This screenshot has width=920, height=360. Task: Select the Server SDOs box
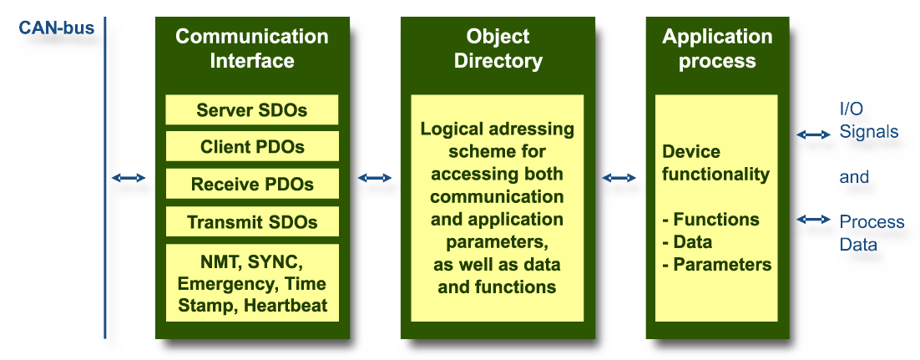tap(252, 110)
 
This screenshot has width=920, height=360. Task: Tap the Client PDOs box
tap(252, 147)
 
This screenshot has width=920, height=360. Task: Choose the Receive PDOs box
tap(252, 185)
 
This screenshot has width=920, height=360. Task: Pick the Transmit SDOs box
tap(252, 222)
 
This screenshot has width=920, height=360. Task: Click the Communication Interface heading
tap(252, 48)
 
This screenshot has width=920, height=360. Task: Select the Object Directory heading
tap(498, 48)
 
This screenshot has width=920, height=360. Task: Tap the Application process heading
tap(717, 48)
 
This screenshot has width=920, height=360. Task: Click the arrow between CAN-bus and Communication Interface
tap(129, 178)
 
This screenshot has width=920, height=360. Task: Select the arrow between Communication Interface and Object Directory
tap(375, 178)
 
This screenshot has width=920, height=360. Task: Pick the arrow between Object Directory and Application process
tap(619, 178)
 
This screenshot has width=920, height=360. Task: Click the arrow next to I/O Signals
tap(813, 134)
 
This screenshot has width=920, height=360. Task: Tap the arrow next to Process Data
tap(813, 220)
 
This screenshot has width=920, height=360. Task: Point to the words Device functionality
tap(715, 164)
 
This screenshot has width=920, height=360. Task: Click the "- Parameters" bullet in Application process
tap(716, 265)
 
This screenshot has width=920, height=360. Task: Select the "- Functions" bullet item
tap(710, 220)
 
